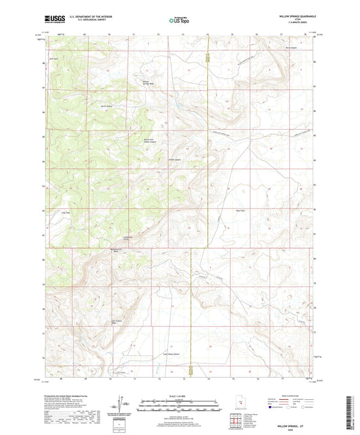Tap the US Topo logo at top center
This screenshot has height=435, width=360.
[x=179, y=20]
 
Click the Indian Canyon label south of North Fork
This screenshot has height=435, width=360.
[x=174, y=160]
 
